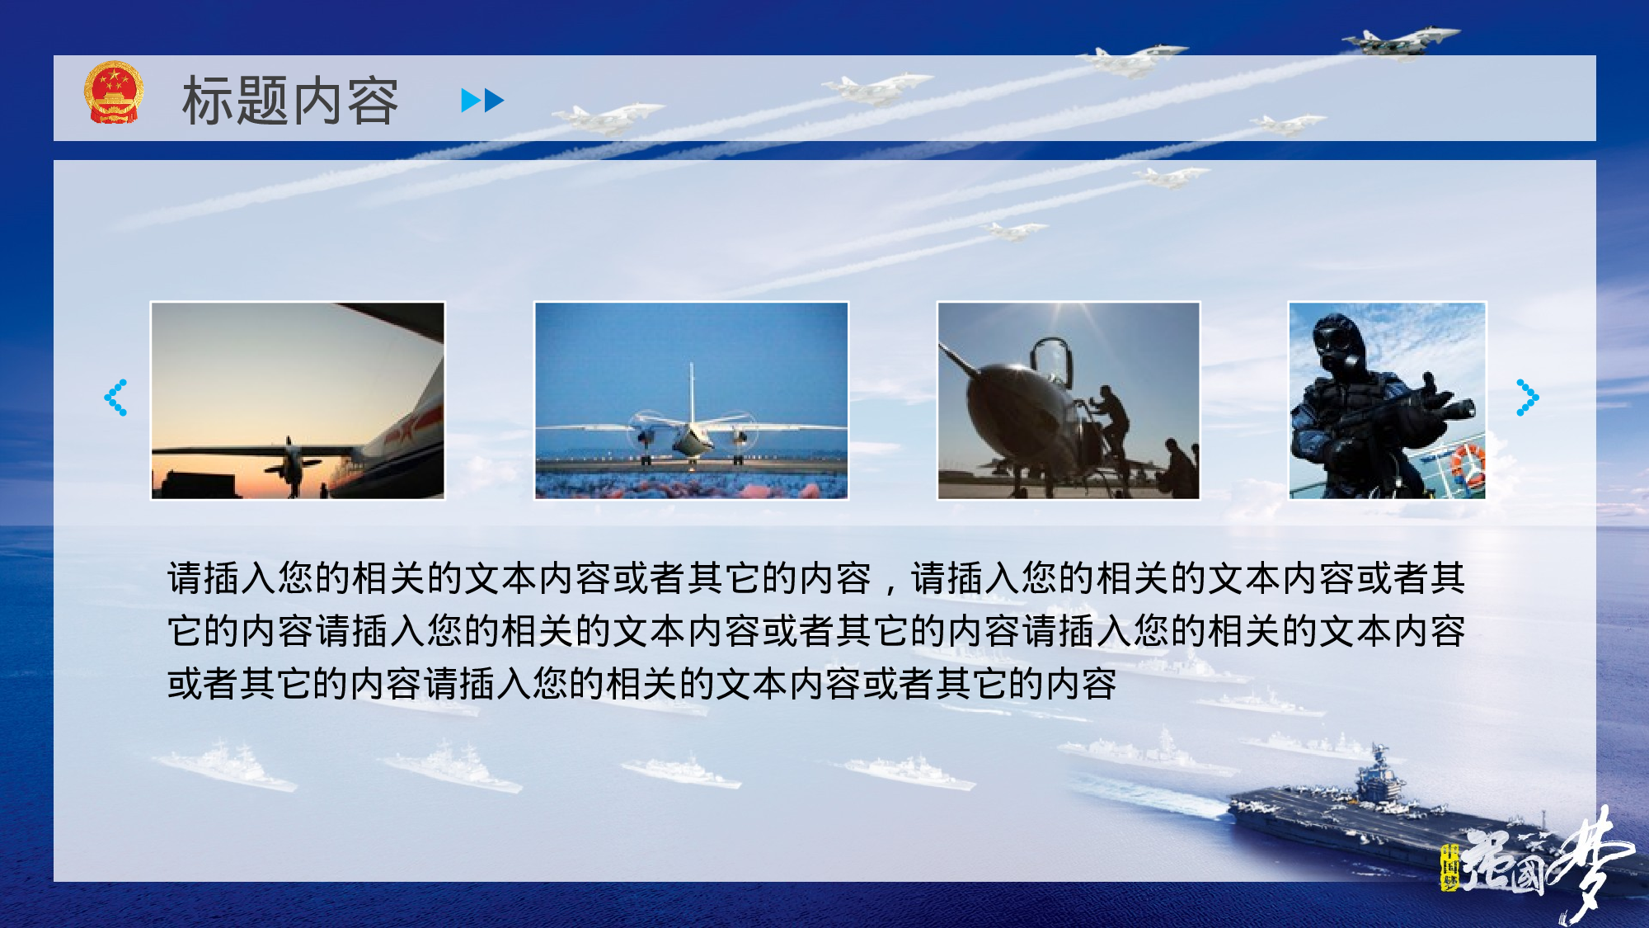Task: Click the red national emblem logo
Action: [x=114, y=92]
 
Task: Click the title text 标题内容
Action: [x=290, y=101]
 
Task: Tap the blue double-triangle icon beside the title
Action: [x=482, y=101]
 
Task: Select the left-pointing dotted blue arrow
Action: [x=115, y=398]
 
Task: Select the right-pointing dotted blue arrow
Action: [x=1527, y=398]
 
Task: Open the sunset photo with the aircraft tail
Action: [x=298, y=400]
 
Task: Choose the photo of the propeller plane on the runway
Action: [x=691, y=400]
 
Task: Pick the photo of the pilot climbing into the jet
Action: [x=1069, y=400]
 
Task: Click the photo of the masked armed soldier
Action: [x=1387, y=400]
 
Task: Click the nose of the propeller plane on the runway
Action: [x=692, y=441]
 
